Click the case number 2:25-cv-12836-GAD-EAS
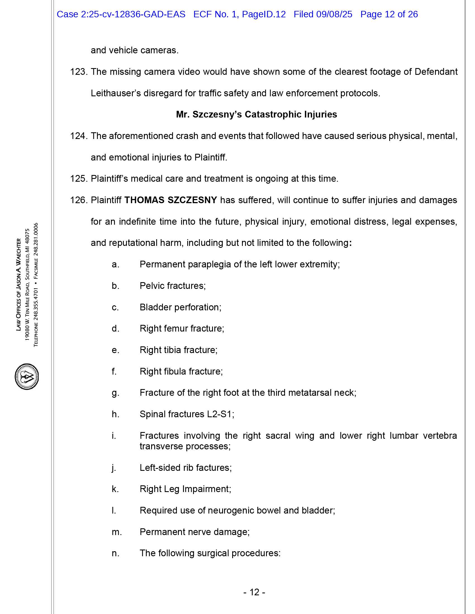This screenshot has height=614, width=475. tap(133, 14)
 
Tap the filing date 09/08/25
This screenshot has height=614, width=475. tap(334, 14)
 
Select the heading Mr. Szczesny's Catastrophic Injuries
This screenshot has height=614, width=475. tap(256, 114)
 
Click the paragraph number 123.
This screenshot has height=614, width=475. tap(79, 72)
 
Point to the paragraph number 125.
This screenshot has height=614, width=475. tap(79, 179)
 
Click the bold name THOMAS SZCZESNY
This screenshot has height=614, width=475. tap(170, 200)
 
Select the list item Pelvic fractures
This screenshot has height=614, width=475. tap(172, 286)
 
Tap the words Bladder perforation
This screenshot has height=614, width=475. tap(180, 307)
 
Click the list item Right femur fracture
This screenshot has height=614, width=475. tap(182, 328)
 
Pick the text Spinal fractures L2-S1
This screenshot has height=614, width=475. tap(187, 414)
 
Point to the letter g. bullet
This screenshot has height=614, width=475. tap(115, 393)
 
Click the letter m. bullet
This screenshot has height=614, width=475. tap(117, 532)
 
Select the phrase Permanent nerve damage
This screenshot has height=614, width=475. tap(194, 532)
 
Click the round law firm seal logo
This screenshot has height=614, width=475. tap(27, 376)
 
